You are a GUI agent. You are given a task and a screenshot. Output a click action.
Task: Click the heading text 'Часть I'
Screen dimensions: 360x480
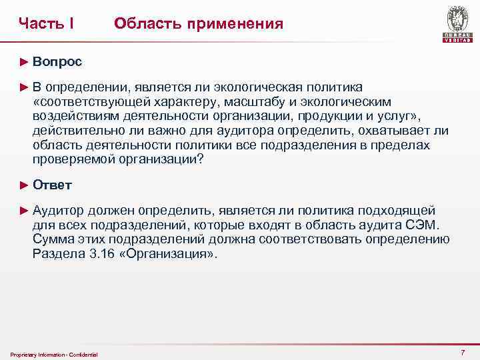[46, 24]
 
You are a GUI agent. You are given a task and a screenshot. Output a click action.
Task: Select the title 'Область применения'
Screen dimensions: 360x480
[198, 24]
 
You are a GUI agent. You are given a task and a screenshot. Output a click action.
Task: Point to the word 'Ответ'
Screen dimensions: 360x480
[52, 185]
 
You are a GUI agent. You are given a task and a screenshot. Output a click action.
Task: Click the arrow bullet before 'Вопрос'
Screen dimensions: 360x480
[25, 61]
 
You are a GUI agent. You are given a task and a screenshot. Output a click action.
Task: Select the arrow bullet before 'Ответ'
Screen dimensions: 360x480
[25, 185]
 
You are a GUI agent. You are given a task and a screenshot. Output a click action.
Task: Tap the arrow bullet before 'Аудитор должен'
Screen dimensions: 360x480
[25, 210]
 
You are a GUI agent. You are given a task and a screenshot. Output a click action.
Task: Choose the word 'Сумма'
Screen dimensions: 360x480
[52, 239]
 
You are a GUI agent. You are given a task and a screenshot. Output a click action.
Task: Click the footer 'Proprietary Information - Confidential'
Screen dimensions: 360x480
[55, 354]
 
